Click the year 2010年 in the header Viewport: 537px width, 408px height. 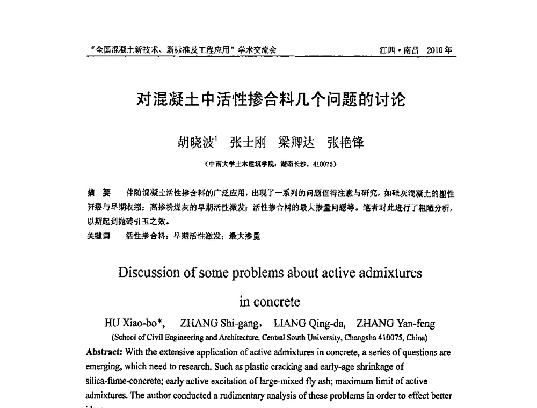(x=440, y=50)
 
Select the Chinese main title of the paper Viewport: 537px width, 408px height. (x=271, y=100)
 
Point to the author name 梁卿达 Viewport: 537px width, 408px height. (x=296, y=142)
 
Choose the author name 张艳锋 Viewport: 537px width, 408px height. (x=345, y=142)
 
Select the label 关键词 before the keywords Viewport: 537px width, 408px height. (x=98, y=235)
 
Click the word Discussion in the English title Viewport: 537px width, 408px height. (x=149, y=273)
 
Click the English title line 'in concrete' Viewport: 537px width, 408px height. (x=270, y=302)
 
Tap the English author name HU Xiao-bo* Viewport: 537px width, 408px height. (x=134, y=324)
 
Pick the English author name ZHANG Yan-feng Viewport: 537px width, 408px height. (x=396, y=324)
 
